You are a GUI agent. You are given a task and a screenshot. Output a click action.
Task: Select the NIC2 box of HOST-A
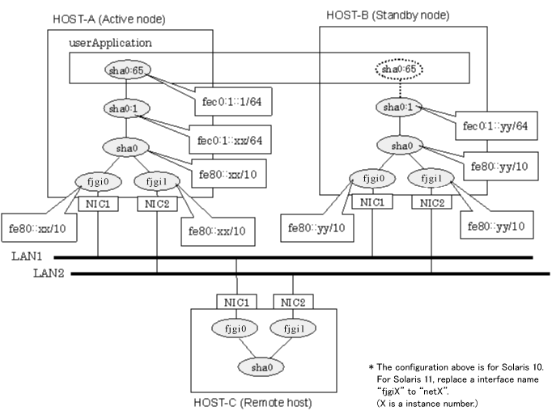point(156,205)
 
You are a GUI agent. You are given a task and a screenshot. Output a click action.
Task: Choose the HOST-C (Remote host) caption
point(253,402)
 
